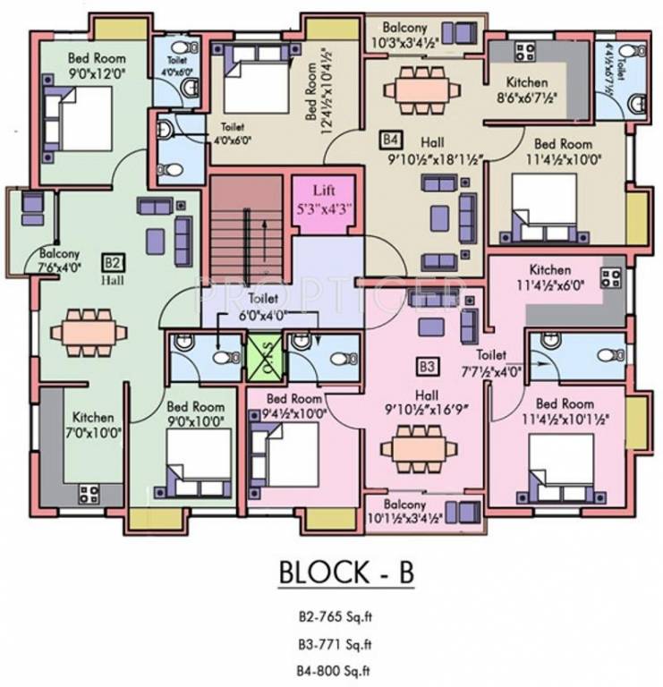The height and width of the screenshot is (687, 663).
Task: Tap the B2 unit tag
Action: point(112,263)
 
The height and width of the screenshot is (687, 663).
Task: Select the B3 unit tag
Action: point(427,366)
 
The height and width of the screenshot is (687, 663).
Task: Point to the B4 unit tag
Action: point(389,140)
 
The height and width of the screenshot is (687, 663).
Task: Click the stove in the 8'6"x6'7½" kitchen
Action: point(523,50)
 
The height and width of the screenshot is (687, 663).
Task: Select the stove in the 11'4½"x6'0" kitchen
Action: point(611,276)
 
